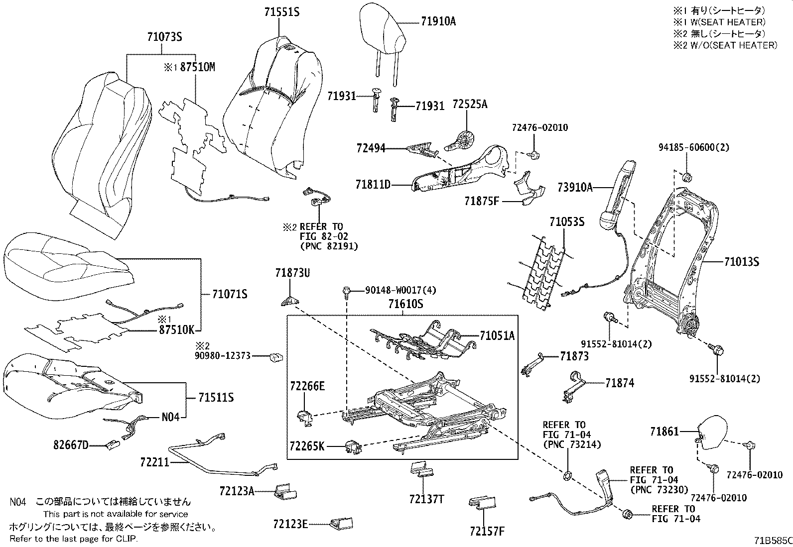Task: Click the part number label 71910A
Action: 438,21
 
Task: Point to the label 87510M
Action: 197,67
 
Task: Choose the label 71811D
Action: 373,185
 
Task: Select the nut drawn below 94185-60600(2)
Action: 686,176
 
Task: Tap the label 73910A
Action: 575,188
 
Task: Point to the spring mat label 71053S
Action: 566,221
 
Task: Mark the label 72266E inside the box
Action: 307,386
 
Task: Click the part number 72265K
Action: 307,446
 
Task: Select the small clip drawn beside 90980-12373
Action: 276,356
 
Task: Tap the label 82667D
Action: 71,444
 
